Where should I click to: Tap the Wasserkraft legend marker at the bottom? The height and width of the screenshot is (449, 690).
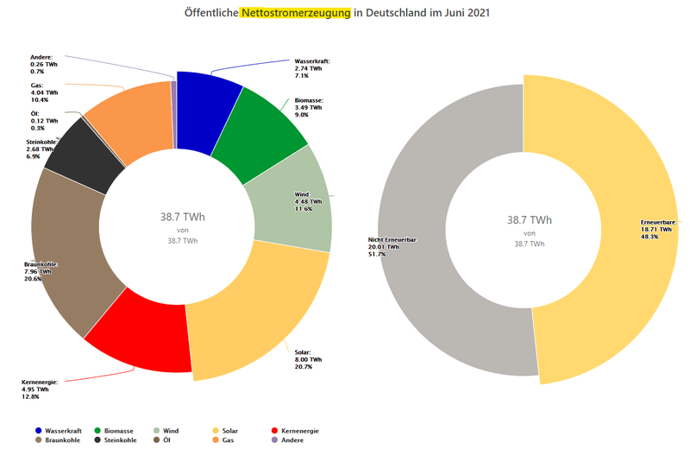click(39, 430)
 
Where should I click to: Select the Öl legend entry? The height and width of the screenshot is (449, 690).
click(162, 440)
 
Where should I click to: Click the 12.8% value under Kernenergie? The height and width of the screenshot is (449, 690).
click(31, 396)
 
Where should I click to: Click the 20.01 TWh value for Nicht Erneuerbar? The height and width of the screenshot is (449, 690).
click(384, 247)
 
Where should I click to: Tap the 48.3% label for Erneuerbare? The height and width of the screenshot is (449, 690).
click(649, 237)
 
